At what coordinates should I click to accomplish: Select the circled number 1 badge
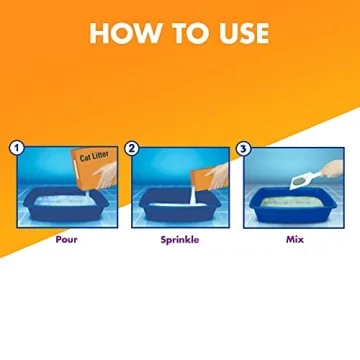[x=17, y=149]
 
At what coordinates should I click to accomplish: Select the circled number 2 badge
[x=132, y=149]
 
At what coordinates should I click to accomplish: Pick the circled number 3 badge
[x=244, y=149]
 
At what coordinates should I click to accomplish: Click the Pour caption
[x=67, y=239]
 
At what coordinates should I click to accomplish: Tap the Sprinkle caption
[x=180, y=240]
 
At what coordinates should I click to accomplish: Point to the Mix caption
[x=295, y=239]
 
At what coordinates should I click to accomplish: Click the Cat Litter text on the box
[x=94, y=156]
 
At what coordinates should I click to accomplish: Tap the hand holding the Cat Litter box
[x=105, y=175]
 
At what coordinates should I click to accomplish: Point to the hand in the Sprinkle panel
[x=219, y=175]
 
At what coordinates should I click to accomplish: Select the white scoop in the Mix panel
[x=303, y=181]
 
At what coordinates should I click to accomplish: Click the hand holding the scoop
[x=332, y=169]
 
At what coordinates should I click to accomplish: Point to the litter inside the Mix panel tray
[x=292, y=202]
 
